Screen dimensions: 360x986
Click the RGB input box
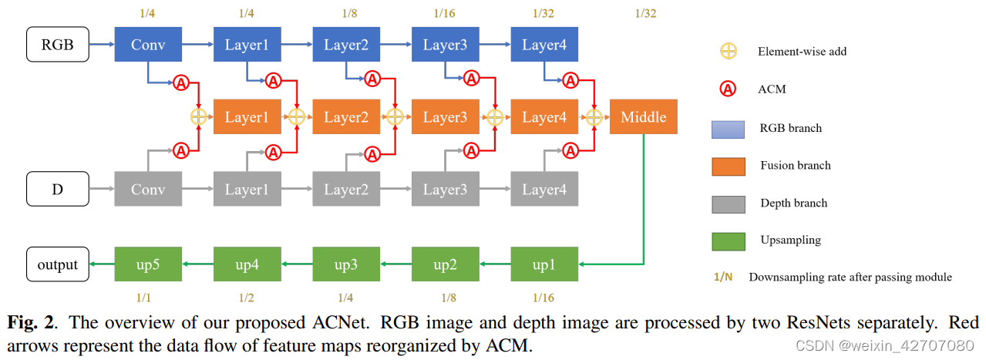click(x=58, y=45)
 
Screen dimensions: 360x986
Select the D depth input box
click(x=58, y=189)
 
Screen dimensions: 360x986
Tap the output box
click(x=58, y=264)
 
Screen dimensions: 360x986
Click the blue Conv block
click(x=147, y=45)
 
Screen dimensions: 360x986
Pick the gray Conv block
click(x=147, y=189)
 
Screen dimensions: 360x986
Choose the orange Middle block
click(x=643, y=117)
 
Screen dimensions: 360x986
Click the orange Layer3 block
click(x=445, y=117)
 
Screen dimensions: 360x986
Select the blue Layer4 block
click(x=543, y=45)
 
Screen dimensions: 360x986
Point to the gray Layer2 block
click(x=345, y=189)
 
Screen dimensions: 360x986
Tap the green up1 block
click(x=543, y=264)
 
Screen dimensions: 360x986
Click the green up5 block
click(x=147, y=264)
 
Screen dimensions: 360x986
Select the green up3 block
click(x=345, y=264)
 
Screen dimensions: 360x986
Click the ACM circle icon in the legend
click(x=728, y=89)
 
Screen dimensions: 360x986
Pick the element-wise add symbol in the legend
click(x=728, y=52)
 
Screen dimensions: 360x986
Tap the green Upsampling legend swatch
click(x=728, y=240)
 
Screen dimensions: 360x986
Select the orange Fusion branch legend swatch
click(x=728, y=165)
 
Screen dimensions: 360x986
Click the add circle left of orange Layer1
click(x=199, y=117)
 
